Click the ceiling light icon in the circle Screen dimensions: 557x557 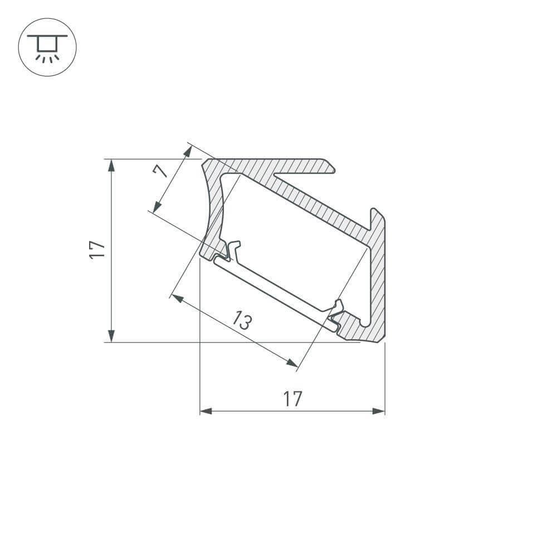click(47, 47)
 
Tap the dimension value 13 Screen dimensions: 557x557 click(243, 321)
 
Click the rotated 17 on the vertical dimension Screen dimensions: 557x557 click(97, 250)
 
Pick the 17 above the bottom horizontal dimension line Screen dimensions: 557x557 click(292, 398)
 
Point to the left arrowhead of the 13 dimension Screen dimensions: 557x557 click(178, 299)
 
